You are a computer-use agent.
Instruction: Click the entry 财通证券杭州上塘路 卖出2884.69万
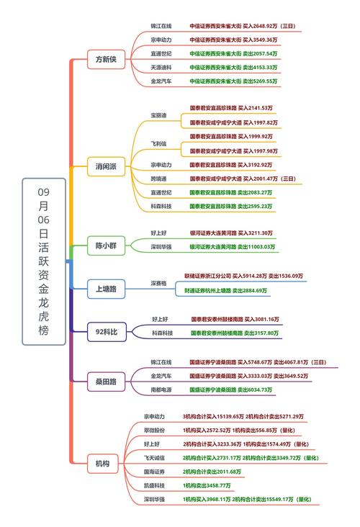point(224,291)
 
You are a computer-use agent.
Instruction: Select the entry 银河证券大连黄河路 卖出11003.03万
point(232,247)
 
